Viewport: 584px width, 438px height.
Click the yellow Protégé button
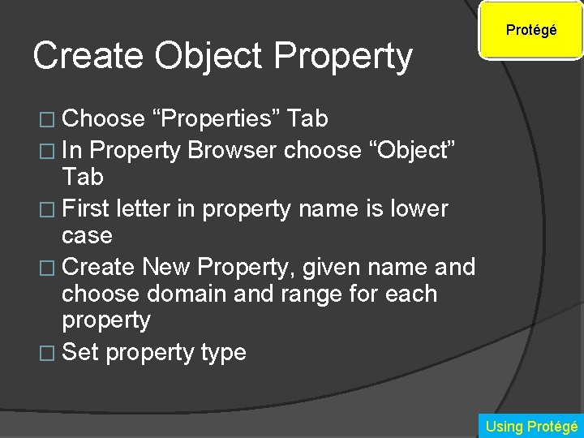tap(530, 31)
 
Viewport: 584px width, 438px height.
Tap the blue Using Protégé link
tap(530, 426)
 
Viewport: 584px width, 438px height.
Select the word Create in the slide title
tap(88, 56)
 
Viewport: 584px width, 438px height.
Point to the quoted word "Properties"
tap(217, 119)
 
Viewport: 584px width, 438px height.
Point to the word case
tap(87, 236)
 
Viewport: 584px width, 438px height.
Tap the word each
tap(409, 294)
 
